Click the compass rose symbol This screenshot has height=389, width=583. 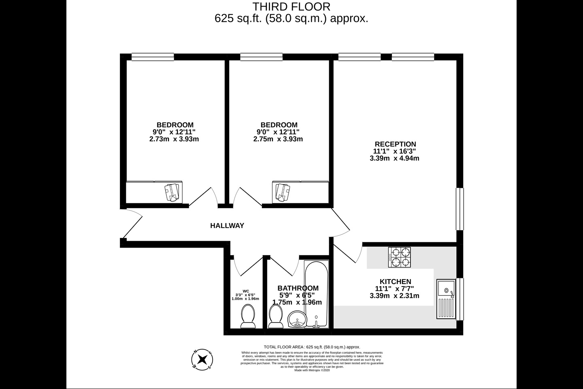202,359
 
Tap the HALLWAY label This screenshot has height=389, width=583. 227,226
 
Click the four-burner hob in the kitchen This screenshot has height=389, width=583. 399,257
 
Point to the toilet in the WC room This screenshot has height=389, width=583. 247,316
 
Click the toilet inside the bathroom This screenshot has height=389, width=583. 276,316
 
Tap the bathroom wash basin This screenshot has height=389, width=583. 298,319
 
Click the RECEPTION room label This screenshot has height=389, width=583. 395,144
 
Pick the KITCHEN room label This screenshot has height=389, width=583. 395,282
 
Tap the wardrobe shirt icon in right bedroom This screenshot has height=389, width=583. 282,192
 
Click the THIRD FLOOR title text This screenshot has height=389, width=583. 291,7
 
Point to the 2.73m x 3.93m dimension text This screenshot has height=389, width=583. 174,139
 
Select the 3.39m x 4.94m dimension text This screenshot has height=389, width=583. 394,158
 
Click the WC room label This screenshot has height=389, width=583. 245,291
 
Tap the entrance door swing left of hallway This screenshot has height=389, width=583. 132,223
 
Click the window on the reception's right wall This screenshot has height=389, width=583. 460,209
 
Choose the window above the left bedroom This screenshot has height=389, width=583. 153,57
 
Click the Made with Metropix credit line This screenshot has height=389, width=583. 312,370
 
